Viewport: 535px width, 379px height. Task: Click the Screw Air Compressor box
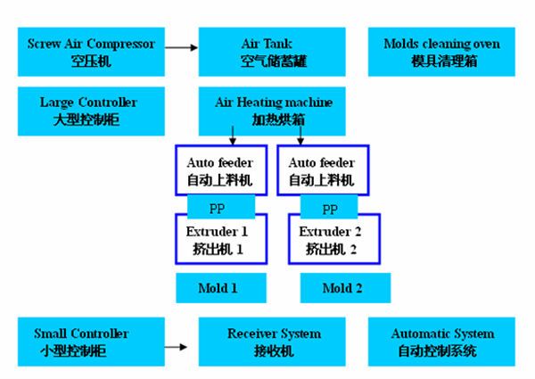tap(91, 52)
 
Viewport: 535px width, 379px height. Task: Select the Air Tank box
tap(272, 52)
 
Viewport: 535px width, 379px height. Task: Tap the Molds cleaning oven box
tap(441, 52)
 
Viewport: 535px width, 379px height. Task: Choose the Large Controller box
tap(91, 111)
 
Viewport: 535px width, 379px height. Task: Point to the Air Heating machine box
tap(272, 111)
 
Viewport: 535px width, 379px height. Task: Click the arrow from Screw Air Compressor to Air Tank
tap(182, 47)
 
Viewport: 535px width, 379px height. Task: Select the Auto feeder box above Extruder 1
tap(221, 170)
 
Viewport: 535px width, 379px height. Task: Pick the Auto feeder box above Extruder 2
tap(323, 170)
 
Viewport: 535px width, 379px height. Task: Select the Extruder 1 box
tap(221, 239)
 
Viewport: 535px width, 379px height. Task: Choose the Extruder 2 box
tap(334, 239)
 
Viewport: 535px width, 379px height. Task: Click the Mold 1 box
tap(221, 288)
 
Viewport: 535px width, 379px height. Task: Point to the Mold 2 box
tap(345, 288)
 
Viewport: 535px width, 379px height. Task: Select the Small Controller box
tap(91, 342)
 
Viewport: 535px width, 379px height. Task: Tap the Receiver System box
tap(272, 342)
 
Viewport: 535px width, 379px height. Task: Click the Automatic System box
tap(441, 342)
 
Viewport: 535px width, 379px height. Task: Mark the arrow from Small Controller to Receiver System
tap(176, 347)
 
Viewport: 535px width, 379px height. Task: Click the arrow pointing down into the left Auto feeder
tap(233, 136)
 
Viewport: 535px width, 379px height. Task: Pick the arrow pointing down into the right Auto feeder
tap(300, 136)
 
